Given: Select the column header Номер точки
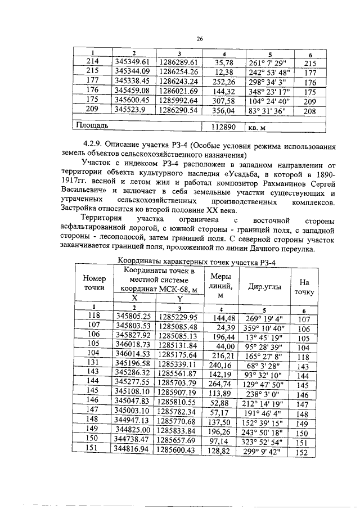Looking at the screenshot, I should [x=94, y=283].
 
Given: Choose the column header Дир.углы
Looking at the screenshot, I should [x=263, y=285].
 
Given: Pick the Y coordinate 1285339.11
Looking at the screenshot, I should [x=177, y=364].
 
